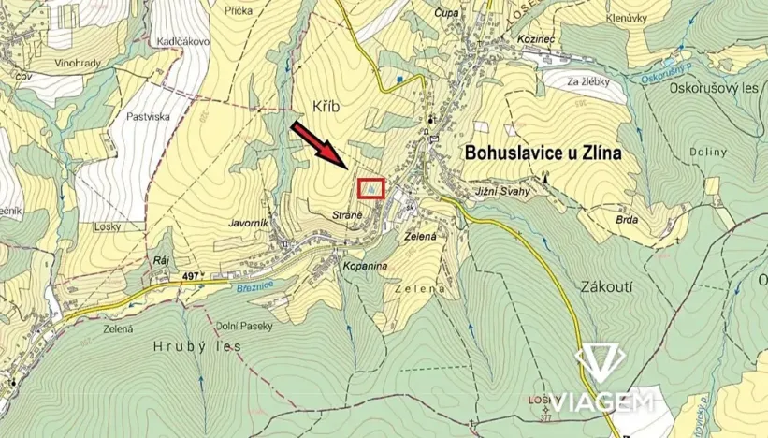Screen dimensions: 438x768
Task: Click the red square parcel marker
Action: pyautogui.click(x=371, y=189)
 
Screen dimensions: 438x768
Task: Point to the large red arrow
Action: pyautogui.click(x=320, y=145)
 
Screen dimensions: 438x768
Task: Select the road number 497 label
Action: pyautogui.click(x=192, y=276)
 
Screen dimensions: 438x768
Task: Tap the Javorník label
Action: pyautogui.click(x=249, y=224)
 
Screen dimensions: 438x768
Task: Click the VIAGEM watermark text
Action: pyautogui.click(x=601, y=402)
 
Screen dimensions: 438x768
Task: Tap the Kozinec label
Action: pyautogui.click(x=537, y=41)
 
